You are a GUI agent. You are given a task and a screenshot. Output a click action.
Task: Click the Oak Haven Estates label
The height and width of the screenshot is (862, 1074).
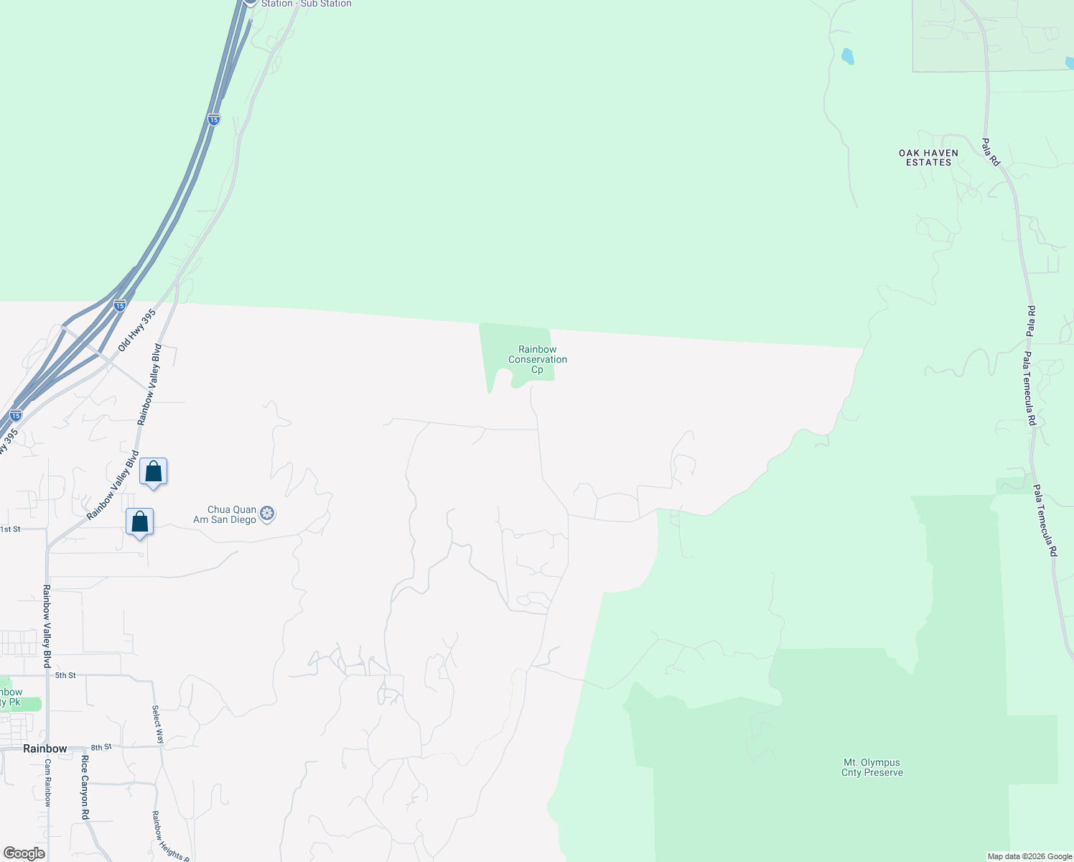928,157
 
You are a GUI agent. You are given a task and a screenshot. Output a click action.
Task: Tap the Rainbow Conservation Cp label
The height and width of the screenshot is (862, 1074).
538,359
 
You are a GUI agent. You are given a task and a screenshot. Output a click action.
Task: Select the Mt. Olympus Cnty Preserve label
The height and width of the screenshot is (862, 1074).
872,767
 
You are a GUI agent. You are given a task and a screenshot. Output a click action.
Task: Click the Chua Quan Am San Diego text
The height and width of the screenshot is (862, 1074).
225,514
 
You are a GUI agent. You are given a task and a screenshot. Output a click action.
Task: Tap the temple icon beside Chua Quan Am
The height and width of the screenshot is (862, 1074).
268,514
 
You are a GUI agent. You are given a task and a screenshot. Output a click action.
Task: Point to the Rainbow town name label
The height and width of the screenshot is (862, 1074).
45,749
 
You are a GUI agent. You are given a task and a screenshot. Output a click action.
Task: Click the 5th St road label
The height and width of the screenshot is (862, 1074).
65,675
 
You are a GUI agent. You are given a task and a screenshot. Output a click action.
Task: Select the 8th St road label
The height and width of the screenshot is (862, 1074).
101,747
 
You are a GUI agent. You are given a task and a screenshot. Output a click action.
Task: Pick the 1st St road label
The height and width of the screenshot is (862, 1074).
10,529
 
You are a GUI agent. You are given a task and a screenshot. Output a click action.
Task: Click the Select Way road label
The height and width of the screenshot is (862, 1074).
157,724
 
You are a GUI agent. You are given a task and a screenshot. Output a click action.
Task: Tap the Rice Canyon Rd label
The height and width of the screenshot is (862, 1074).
85,787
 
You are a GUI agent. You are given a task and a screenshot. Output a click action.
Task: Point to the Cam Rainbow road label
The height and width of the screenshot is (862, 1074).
47,783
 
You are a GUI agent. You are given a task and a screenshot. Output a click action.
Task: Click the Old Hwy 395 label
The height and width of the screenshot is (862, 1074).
137,330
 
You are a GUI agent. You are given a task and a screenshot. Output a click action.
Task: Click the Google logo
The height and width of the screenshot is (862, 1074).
24,853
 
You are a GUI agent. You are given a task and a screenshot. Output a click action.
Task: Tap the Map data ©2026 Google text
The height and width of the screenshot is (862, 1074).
1029,856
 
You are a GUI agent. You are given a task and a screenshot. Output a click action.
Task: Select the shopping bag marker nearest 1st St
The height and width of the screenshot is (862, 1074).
139,522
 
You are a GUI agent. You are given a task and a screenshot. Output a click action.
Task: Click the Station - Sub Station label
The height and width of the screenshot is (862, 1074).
306,4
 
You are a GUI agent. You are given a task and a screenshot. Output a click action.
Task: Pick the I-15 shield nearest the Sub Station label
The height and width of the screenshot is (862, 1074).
214,120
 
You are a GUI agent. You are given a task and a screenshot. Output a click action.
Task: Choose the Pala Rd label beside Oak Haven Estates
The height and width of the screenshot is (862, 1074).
991,152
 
